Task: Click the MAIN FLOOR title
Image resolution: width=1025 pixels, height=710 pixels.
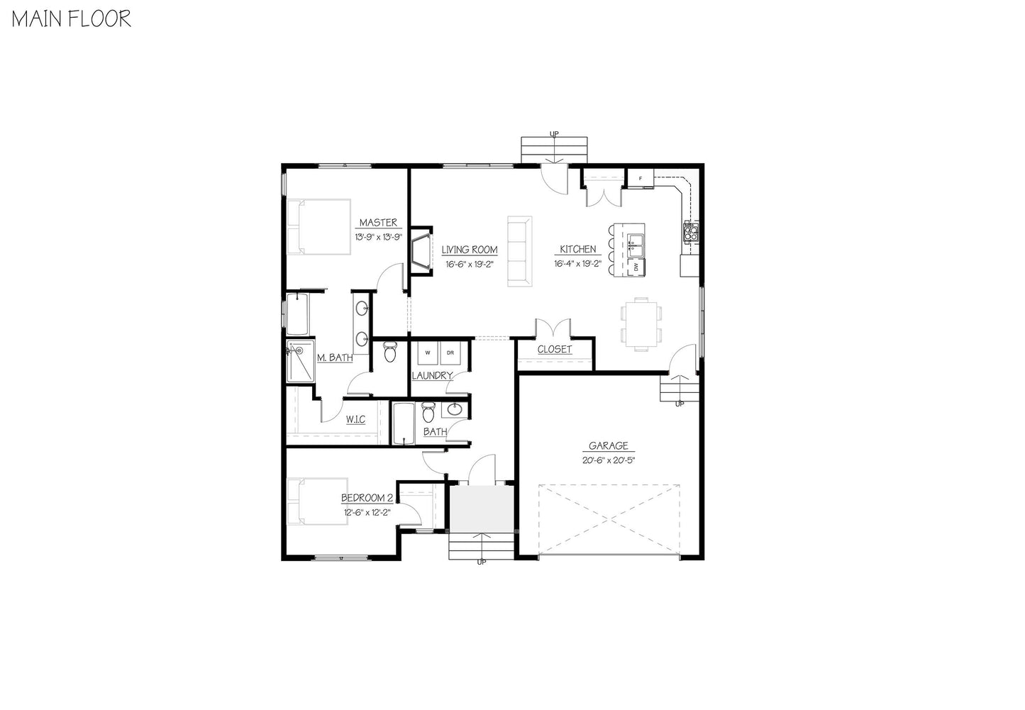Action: [72, 18]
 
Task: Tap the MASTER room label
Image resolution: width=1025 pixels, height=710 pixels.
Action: [378, 223]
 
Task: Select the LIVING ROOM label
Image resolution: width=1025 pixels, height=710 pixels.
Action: [470, 250]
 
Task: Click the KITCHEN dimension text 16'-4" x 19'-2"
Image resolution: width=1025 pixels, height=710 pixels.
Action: [578, 264]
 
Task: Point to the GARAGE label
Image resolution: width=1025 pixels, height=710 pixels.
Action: [609, 446]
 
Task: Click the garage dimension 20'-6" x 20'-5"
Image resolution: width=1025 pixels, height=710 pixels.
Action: [609, 460]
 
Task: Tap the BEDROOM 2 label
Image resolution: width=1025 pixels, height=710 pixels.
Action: [366, 497]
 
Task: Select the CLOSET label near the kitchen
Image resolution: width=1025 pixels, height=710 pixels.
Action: [555, 350]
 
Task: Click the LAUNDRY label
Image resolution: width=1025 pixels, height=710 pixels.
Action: [432, 375]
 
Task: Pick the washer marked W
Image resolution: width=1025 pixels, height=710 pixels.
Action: [428, 353]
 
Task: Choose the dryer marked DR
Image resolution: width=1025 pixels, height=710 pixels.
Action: [450, 353]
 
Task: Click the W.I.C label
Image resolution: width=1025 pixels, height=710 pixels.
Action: [355, 420]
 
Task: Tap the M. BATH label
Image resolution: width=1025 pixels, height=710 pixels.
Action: [335, 358]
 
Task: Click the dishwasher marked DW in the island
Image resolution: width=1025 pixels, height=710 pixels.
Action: [636, 267]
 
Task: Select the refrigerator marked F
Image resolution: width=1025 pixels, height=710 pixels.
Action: [641, 178]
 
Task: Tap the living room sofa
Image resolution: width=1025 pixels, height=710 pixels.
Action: [519, 251]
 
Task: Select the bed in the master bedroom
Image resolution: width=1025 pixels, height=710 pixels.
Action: [318, 227]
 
